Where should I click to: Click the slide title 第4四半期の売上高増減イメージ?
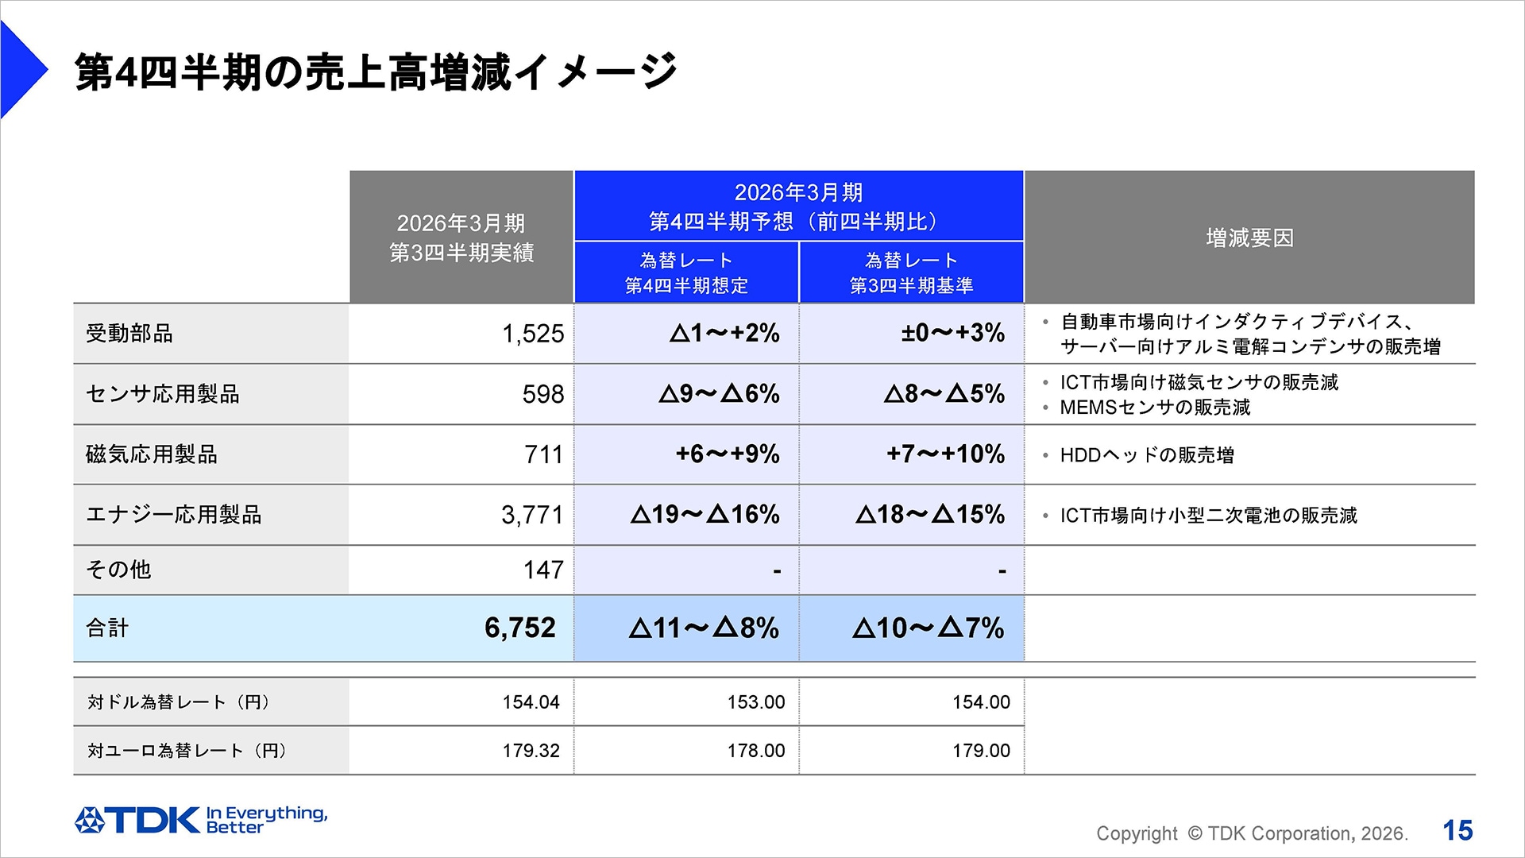point(376,72)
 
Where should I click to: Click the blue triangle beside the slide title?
point(22,70)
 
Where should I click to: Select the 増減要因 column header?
point(1249,238)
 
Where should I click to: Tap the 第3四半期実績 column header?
point(461,238)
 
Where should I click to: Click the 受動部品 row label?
point(129,334)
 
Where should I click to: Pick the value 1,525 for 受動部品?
point(532,334)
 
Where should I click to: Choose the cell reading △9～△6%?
point(719,394)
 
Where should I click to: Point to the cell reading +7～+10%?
point(945,454)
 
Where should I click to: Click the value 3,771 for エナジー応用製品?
point(532,515)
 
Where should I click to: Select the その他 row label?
point(118,570)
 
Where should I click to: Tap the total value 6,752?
point(520,628)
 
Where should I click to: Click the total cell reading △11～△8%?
point(704,628)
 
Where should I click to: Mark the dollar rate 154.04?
point(531,702)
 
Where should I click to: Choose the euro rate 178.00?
point(755,751)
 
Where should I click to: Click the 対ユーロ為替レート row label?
point(187,751)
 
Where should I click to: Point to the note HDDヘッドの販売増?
point(1147,455)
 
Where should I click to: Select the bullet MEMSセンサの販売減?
point(1155,408)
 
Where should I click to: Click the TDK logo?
point(139,820)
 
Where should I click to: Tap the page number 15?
point(1457,830)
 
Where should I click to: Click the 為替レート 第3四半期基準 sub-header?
point(911,272)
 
